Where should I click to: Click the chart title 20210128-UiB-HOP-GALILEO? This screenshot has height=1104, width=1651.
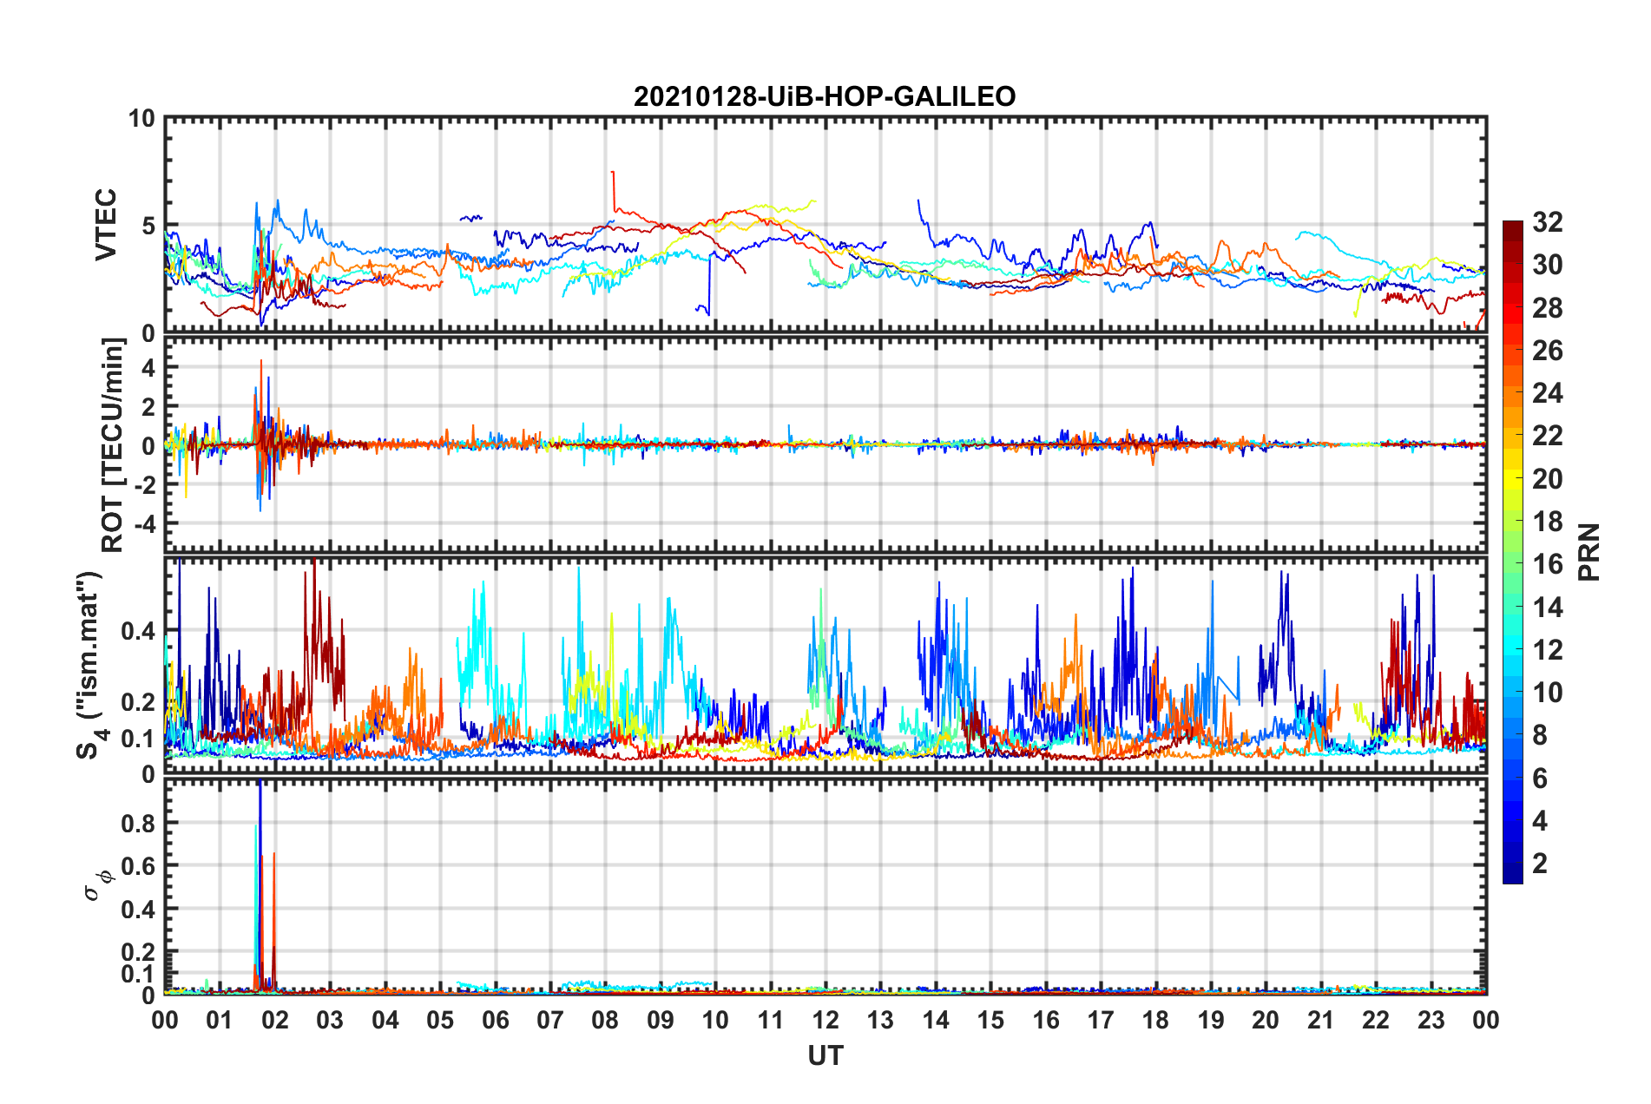(x=825, y=96)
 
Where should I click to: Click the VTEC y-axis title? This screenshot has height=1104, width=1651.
(x=106, y=224)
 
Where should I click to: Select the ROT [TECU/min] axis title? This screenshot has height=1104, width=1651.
(x=113, y=445)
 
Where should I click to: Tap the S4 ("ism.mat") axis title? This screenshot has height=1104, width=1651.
(x=90, y=665)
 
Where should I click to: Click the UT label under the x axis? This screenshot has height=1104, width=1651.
(x=825, y=1055)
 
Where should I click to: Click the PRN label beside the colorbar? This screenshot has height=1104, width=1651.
(x=1589, y=551)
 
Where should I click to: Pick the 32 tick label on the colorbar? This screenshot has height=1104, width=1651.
(x=1547, y=222)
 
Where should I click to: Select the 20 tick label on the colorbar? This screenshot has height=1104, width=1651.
(x=1547, y=479)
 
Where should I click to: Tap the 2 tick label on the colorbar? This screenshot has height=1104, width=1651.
(x=1540, y=864)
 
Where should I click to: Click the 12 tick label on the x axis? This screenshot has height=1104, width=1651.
(x=825, y=1020)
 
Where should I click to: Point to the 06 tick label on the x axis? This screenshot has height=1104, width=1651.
(x=495, y=1020)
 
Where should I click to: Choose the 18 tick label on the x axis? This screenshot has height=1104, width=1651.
(x=1155, y=1020)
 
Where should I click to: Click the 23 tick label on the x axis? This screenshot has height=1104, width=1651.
(x=1431, y=1020)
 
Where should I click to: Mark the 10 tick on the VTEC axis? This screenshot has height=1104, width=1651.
(x=141, y=119)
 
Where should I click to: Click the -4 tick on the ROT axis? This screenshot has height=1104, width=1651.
(x=142, y=524)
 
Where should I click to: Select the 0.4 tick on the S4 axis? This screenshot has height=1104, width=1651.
(x=138, y=631)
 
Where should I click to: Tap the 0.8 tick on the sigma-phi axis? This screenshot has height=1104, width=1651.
(x=138, y=823)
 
